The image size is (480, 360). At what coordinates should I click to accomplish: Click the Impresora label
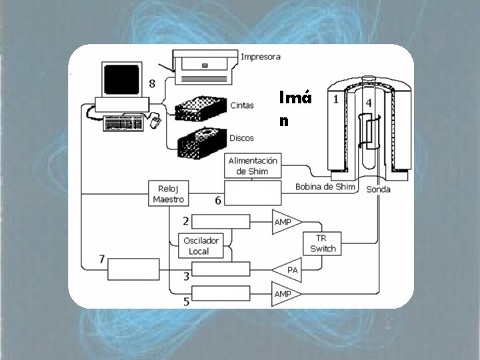(x=261, y=57)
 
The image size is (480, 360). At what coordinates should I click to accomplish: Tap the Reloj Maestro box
(x=168, y=193)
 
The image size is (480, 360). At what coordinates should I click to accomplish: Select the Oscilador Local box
(x=199, y=246)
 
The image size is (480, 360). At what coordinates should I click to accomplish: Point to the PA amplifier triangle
(x=288, y=269)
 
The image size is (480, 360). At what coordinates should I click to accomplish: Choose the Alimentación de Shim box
(x=253, y=165)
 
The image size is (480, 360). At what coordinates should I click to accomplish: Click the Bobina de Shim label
(x=325, y=187)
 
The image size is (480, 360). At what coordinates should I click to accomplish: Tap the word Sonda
(x=378, y=190)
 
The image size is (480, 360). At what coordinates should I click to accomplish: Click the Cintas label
(x=241, y=105)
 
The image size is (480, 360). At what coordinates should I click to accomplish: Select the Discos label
(x=241, y=138)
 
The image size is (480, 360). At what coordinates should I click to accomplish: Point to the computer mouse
(x=155, y=122)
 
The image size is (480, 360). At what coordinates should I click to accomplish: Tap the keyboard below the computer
(x=125, y=123)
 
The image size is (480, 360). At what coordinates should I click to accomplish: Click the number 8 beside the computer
(x=153, y=84)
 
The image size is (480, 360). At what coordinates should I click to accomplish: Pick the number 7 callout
(x=101, y=259)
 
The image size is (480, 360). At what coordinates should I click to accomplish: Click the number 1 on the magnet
(x=336, y=99)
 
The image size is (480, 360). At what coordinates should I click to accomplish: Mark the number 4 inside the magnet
(x=368, y=104)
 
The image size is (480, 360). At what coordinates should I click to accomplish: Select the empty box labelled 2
(x=220, y=221)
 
